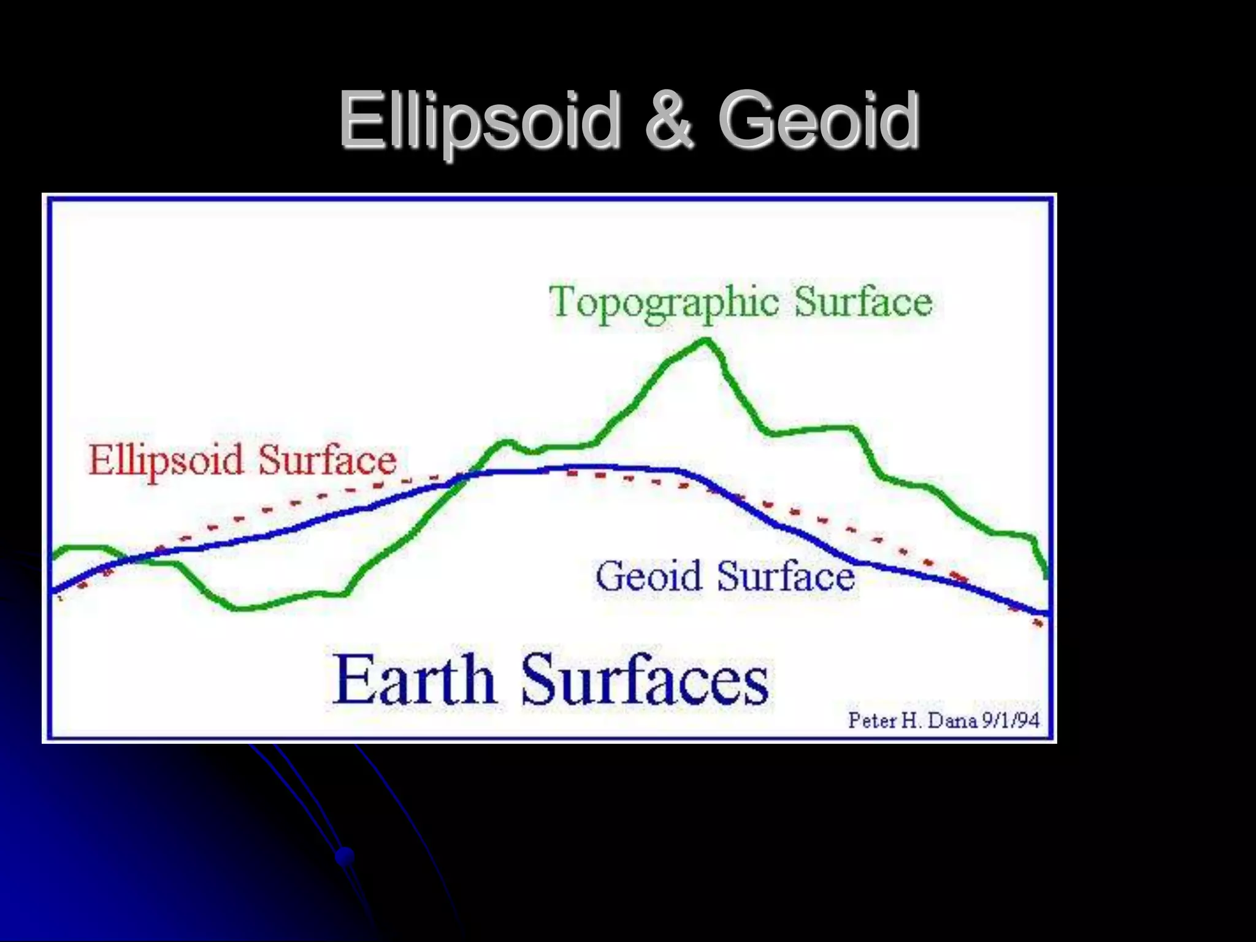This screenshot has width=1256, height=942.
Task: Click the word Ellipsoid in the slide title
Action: [479, 120]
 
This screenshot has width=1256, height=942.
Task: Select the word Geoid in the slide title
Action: [819, 120]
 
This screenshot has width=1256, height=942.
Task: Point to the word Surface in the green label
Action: [863, 302]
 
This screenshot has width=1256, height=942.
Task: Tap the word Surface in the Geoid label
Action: [786, 576]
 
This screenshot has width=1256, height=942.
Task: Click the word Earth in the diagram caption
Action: [413, 680]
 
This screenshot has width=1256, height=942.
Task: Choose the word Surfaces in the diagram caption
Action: [645, 680]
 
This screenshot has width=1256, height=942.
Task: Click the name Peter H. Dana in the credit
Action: [912, 720]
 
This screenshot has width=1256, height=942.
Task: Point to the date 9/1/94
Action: [1011, 720]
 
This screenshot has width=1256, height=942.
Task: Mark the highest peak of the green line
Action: [706, 341]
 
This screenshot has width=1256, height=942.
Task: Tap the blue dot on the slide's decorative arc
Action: [345, 856]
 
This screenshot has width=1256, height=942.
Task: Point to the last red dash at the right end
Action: [1038, 624]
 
